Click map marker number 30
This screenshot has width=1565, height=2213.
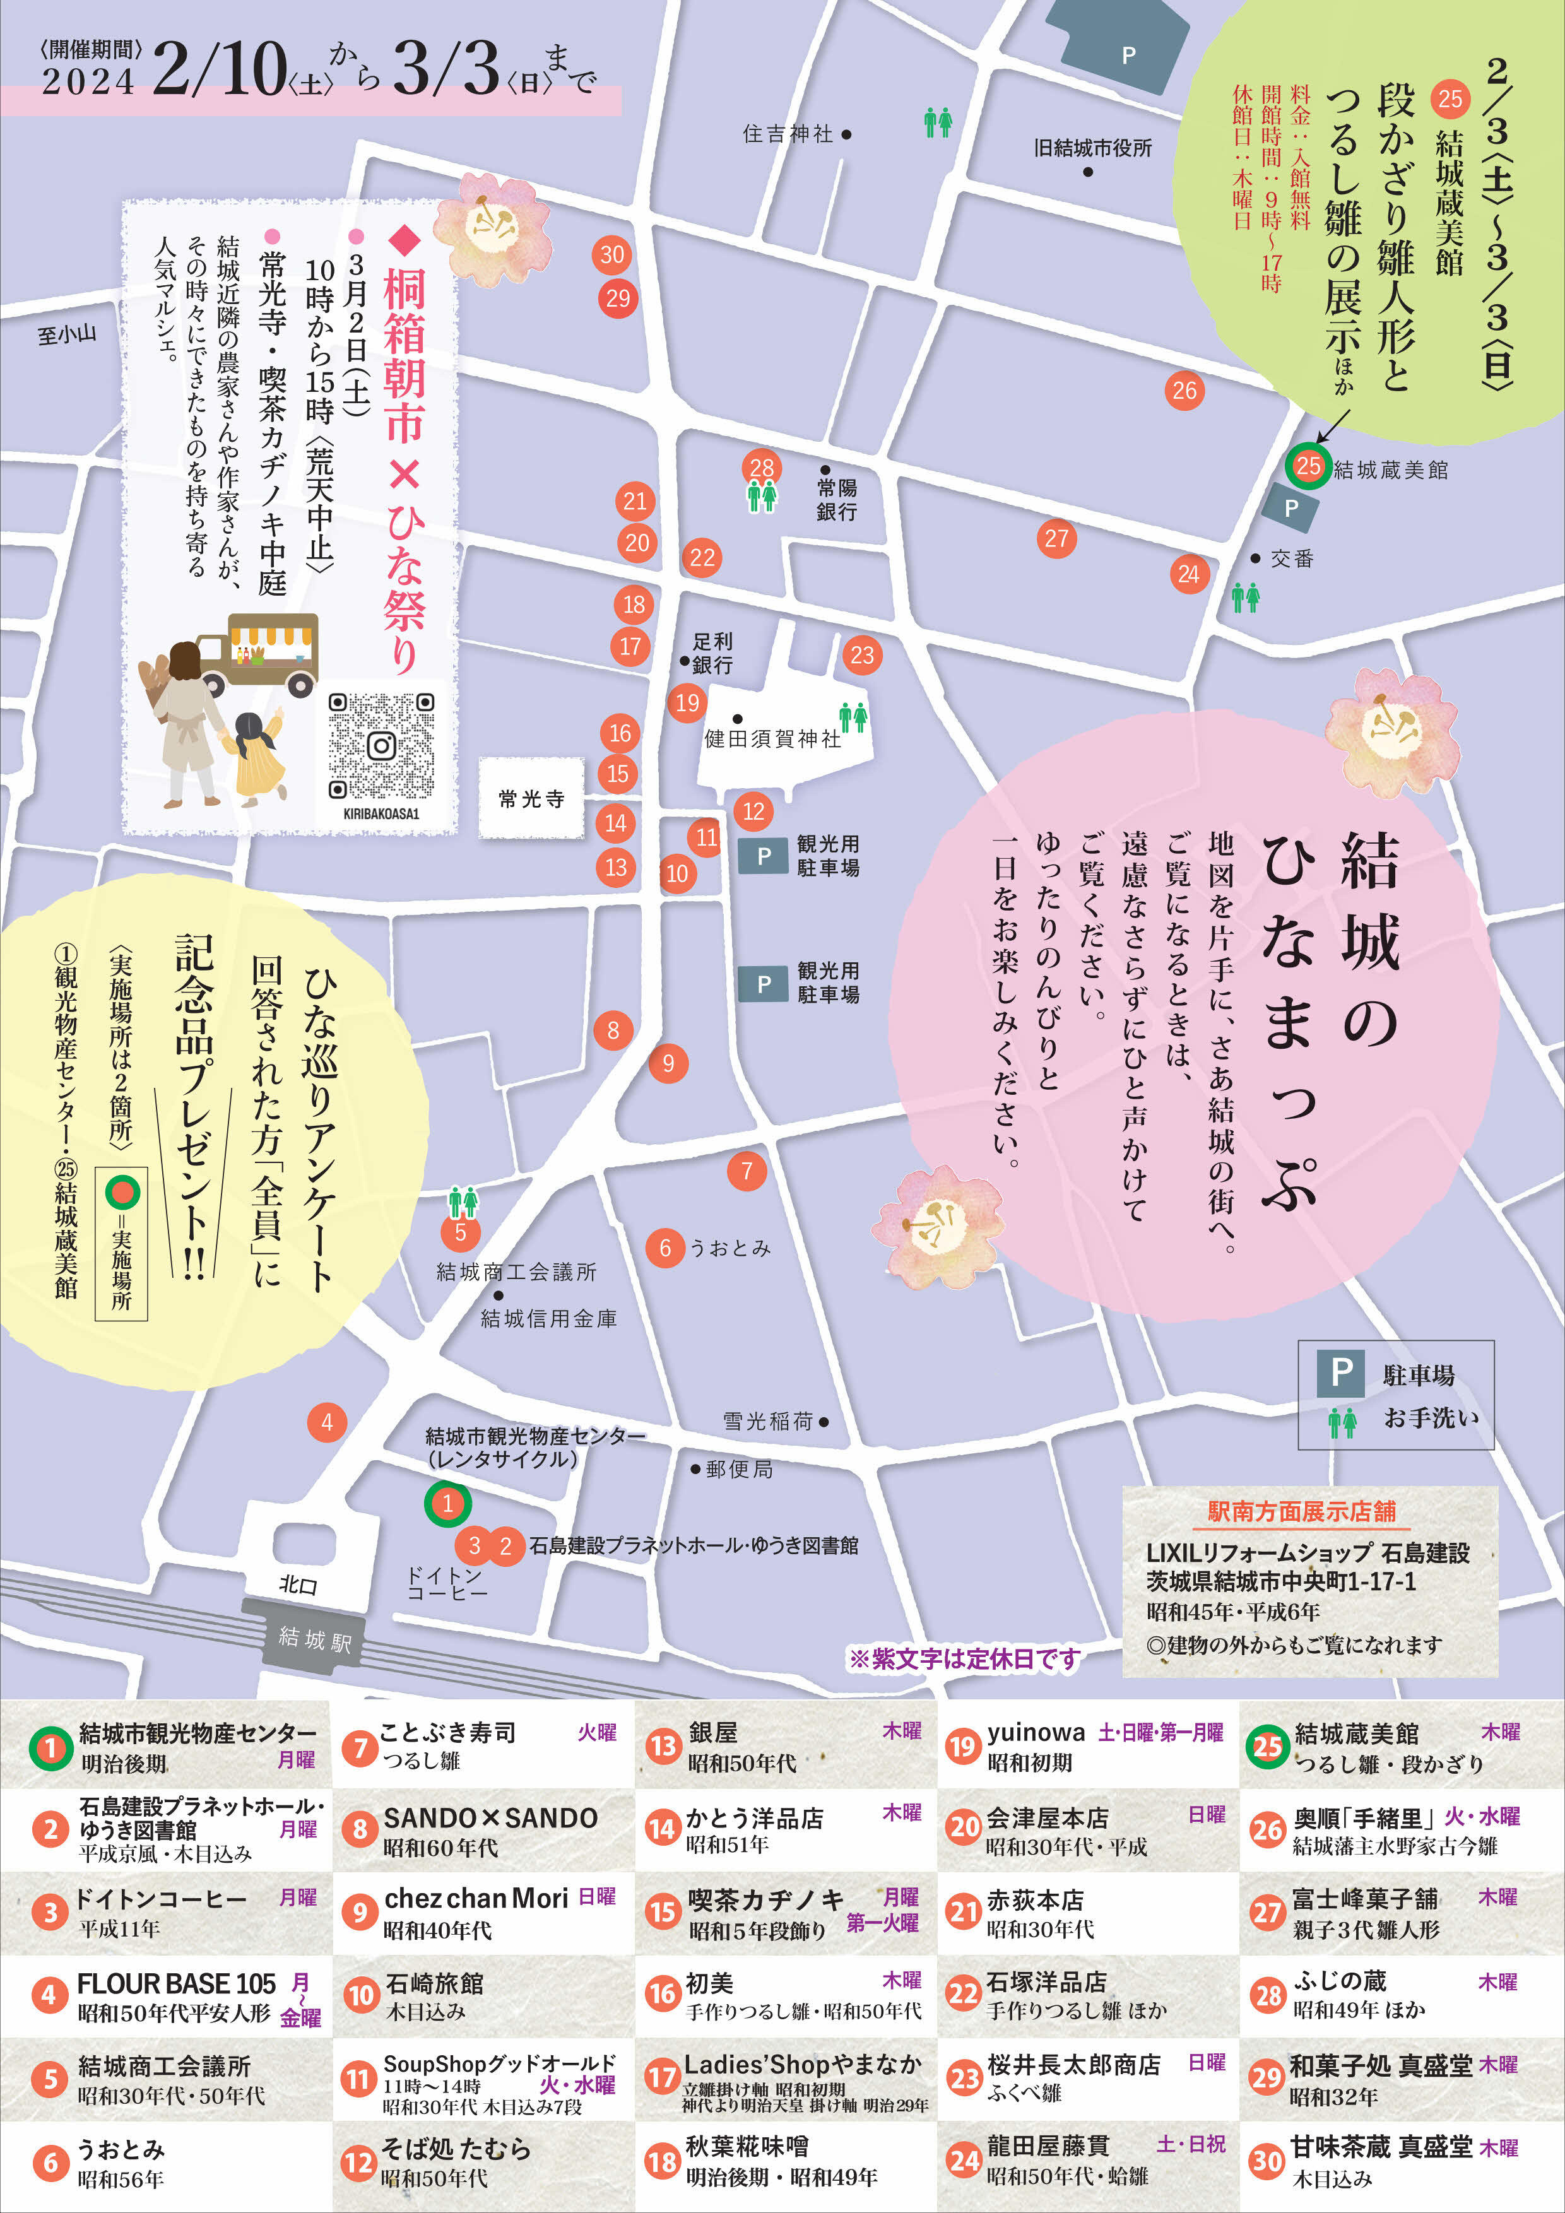click(x=613, y=256)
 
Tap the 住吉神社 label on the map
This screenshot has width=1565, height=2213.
click(x=788, y=134)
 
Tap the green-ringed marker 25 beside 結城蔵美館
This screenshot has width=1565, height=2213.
click(x=1308, y=466)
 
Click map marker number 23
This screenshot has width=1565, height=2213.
click(x=861, y=656)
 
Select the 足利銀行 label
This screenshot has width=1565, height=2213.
click(x=712, y=652)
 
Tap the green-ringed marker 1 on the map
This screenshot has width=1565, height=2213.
click(x=447, y=1502)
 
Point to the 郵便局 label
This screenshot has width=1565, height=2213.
click(x=738, y=1469)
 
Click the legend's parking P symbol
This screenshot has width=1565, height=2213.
click(x=1340, y=1372)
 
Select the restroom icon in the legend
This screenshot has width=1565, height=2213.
click(x=1342, y=1422)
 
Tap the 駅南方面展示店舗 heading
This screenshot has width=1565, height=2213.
click(x=1301, y=1511)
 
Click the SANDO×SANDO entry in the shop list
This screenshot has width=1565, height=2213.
click(x=490, y=1818)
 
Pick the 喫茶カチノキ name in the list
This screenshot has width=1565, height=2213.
click(x=765, y=1899)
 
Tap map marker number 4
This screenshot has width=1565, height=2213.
click(x=327, y=1422)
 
